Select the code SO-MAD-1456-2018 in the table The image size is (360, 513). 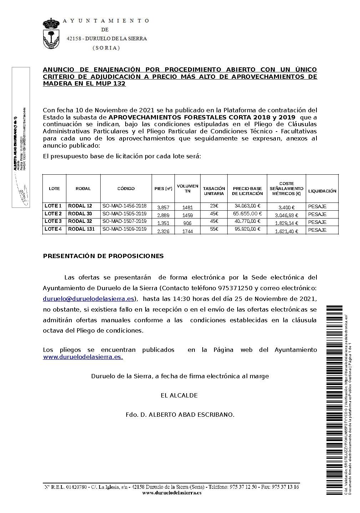tap(125, 206)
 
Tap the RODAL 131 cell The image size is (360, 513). tap(81, 229)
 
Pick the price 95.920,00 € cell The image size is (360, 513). tap(247, 229)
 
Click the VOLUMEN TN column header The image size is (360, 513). tap(188, 189)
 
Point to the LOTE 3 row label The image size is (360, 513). tap(53, 221)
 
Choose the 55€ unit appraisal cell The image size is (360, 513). tap(214, 229)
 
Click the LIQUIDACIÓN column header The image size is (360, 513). tap(322, 191)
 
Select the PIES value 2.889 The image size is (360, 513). tap(163, 215)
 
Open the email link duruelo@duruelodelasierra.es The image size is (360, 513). tap(88, 299)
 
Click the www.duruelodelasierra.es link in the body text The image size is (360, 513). tap(83, 357)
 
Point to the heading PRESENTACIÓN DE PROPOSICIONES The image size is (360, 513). tap(103, 256)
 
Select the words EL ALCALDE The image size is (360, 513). tap(179, 395)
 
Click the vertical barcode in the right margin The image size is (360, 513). tap(333, 399)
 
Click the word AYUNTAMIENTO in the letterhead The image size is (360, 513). tap(106, 21)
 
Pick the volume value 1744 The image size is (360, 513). tap(188, 231)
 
